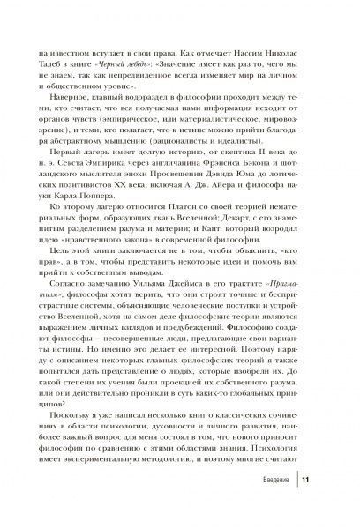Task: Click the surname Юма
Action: (x=251, y=201)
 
